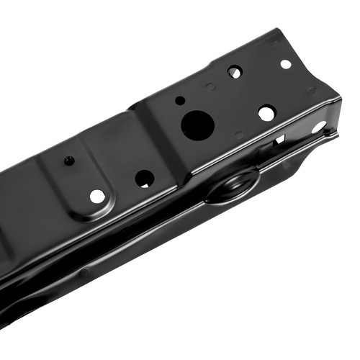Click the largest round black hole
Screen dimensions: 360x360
pyautogui.click(x=197, y=125)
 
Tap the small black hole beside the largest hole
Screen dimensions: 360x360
pyautogui.click(x=180, y=100)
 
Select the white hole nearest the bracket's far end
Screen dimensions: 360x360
pyautogui.click(x=286, y=64)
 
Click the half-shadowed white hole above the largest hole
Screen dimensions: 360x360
pyautogui.click(x=235, y=72)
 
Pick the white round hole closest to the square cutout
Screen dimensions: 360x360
pyautogui.click(x=266, y=113)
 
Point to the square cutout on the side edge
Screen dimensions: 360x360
pyautogui.click(x=279, y=139)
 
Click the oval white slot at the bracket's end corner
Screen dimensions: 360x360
pyautogui.click(x=318, y=127)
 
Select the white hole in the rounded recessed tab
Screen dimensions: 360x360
pyautogui.click(x=97, y=196)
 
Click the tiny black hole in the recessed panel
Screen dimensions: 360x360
pyautogui.click(x=69, y=161)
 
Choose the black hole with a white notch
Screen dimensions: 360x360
pyautogui.click(x=145, y=179)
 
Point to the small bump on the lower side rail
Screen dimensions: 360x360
pyautogui.click(x=86, y=271)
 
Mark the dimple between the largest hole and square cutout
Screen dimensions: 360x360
pyautogui.click(x=239, y=135)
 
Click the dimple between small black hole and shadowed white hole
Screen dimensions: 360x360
pyautogui.click(x=210, y=87)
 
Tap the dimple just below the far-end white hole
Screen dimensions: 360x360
pyautogui.click(x=311, y=91)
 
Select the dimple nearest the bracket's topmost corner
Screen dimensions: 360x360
pyautogui.click(x=276, y=44)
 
